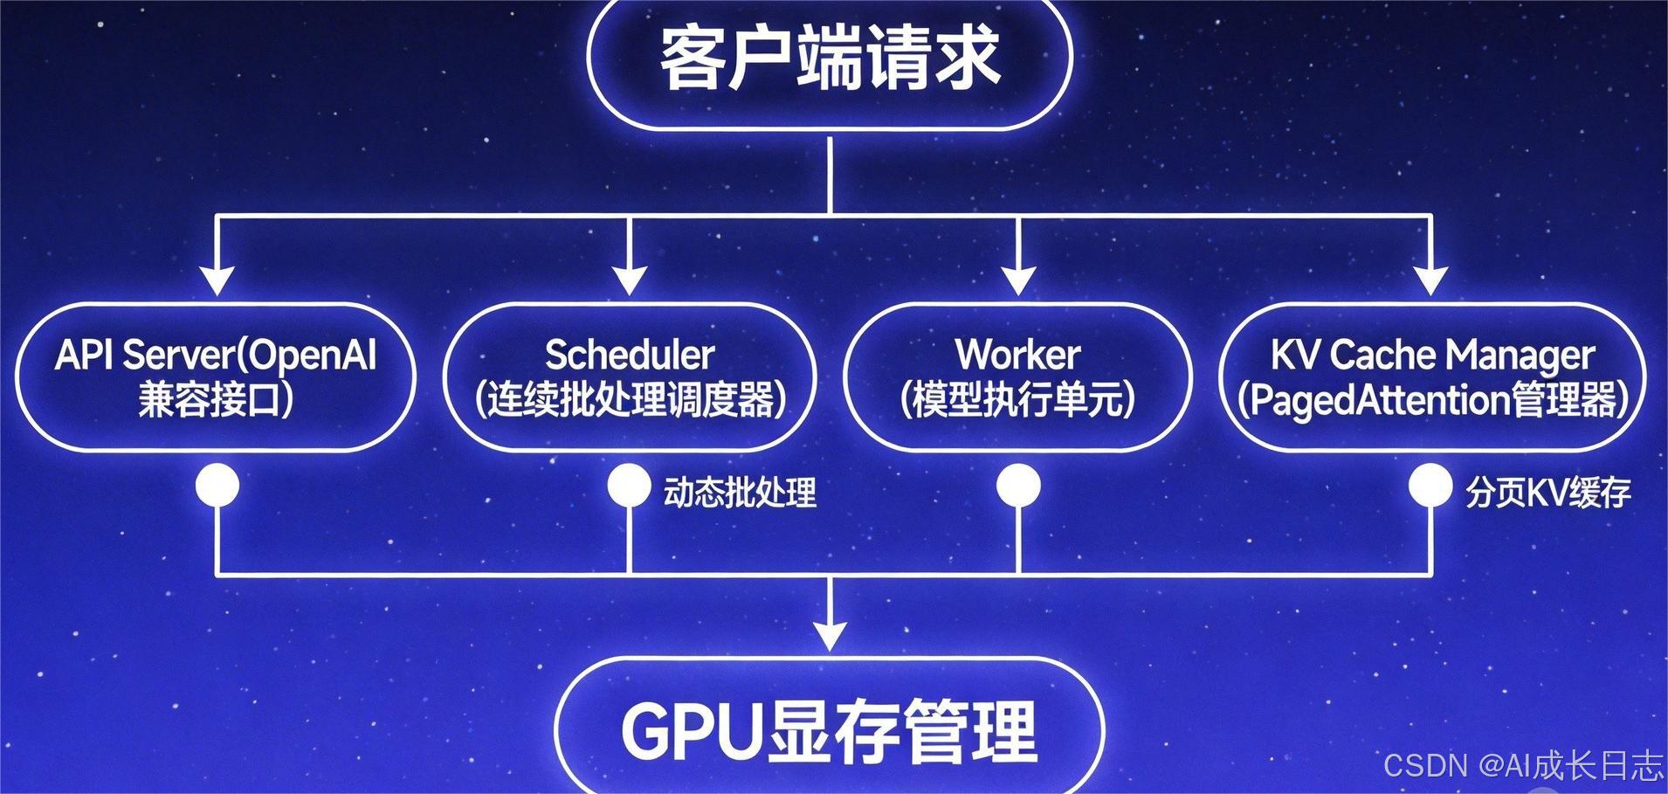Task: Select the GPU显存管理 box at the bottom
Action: (x=830, y=729)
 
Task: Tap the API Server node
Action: (x=216, y=377)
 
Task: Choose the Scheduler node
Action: (x=630, y=377)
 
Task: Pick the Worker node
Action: (x=1018, y=377)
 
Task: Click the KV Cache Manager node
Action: (x=1432, y=377)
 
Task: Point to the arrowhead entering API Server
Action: (x=217, y=281)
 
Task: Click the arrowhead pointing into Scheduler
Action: (x=630, y=281)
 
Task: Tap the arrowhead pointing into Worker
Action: (x=1018, y=281)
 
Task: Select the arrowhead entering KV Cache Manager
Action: (x=1430, y=281)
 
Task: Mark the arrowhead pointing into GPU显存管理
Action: (x=830, y=636)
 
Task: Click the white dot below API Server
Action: (x=217, y=485)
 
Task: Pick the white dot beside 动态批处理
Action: (x=629, y=485)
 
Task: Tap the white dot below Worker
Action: (x=1018, y=485)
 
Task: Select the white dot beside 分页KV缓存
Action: (x=1430, y=485)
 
